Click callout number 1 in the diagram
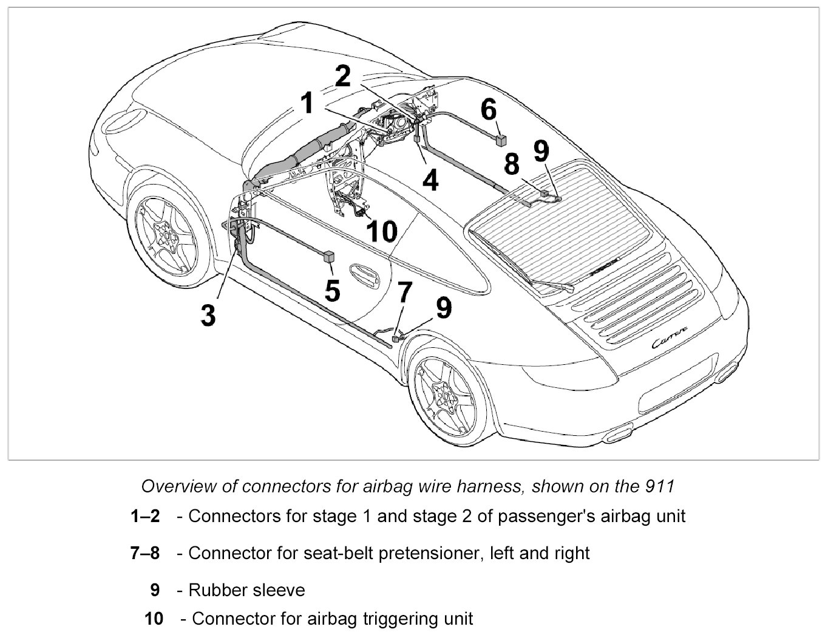tap(307, 103)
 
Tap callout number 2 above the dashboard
tap(343, 77)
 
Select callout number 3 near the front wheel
tap(208, 315)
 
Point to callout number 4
tap(430, 180)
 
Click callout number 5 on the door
tap(332, 290)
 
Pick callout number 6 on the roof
tap(489, 110)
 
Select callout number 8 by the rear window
tap(512, 164)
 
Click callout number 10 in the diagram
tap(382, 231)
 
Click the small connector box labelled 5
tap(330, 256)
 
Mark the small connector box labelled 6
tap(501, 141)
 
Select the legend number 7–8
tap(145, 553)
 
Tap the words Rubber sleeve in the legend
tap(246, 589)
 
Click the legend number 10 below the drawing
tap(154, 619)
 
